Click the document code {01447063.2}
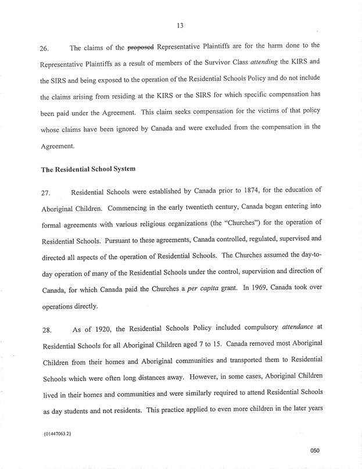coord(58,433)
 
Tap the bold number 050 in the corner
coord(315,450)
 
